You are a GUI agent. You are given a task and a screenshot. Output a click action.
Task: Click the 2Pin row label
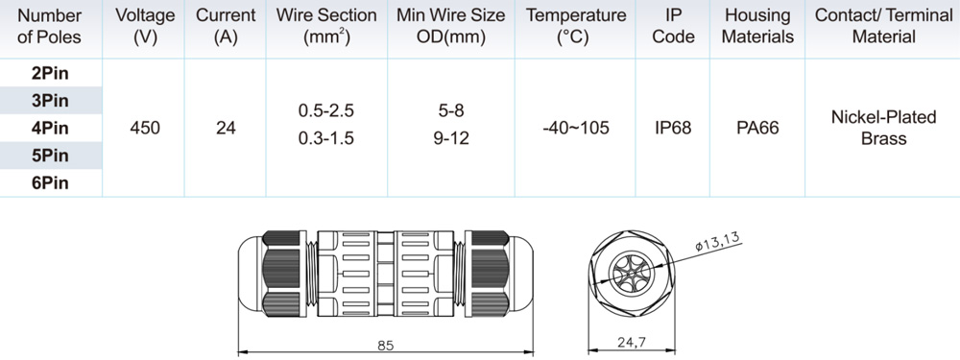coord(50,74)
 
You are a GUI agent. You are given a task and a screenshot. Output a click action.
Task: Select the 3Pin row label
coord(50,101)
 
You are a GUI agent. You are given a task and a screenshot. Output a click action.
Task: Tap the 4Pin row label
coord(50,129)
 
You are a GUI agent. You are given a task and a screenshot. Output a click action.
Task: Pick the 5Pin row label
coord(50,156)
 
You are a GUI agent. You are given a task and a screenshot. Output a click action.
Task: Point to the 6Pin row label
coord(50,183)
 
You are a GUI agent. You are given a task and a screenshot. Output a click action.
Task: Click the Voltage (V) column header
coord(145,26)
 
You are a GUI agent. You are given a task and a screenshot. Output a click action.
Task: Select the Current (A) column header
coord(226,26)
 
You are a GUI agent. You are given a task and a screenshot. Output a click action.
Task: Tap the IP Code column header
coord(673,26)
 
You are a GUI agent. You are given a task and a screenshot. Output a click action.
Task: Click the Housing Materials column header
coord(757,26)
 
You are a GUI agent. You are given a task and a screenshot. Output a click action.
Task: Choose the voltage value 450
coord(145,129)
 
